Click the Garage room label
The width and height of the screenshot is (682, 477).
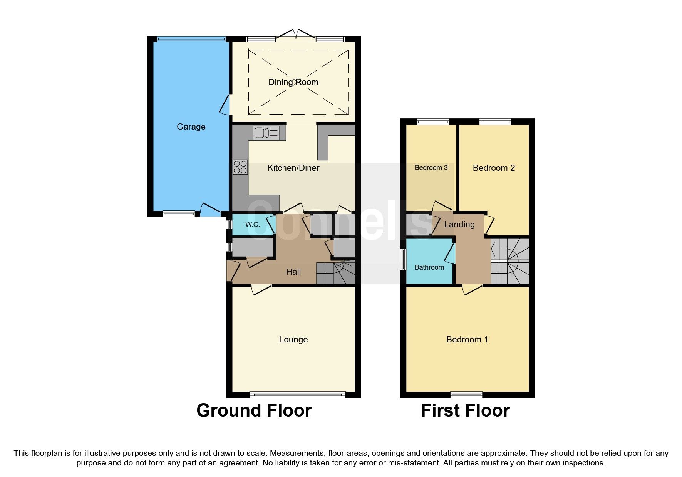tap(191, 127)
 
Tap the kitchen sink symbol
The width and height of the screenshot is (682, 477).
tap(266, 133)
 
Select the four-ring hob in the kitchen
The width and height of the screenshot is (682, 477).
tap(240, 167)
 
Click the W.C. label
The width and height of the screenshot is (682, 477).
tap(253, 225)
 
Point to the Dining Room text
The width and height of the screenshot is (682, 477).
tap(293, 82)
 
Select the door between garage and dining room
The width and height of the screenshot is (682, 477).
tap(225, 105)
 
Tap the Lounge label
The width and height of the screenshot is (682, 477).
tap(293, 339)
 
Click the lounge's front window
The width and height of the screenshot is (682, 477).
tap(298, 394)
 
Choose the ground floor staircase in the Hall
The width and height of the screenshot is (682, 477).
tap(335, 273)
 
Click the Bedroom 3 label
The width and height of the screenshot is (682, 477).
tap(431, 168)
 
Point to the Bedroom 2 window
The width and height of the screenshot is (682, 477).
tap(495, 122)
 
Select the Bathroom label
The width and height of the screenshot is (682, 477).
tap(429, 267)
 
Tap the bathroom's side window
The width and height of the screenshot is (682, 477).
tap(403, 260)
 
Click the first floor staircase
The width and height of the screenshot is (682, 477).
tap(509, 262)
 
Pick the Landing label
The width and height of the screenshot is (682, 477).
tap(459, 224)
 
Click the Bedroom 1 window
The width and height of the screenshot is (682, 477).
tap(466, 394)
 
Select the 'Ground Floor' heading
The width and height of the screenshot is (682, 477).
tap(254, 410)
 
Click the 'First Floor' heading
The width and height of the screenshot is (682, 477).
tap(465, 410)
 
